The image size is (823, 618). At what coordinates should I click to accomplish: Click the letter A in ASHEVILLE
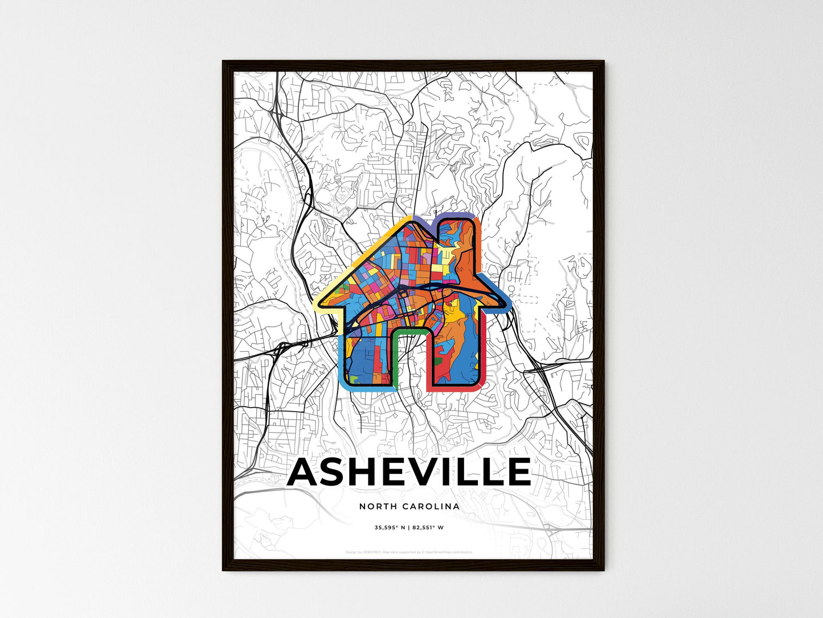point(306,472)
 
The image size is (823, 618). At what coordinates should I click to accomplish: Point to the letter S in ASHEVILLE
point(340,472)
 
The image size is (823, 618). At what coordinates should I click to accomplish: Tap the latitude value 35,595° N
point(390,528)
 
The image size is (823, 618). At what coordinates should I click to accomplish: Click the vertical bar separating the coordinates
point(408,528)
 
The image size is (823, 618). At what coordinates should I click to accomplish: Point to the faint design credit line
point(409,552)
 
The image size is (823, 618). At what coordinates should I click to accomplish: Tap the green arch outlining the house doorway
point(410,331)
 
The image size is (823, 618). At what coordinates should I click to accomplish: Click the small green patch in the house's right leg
point(438,360)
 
